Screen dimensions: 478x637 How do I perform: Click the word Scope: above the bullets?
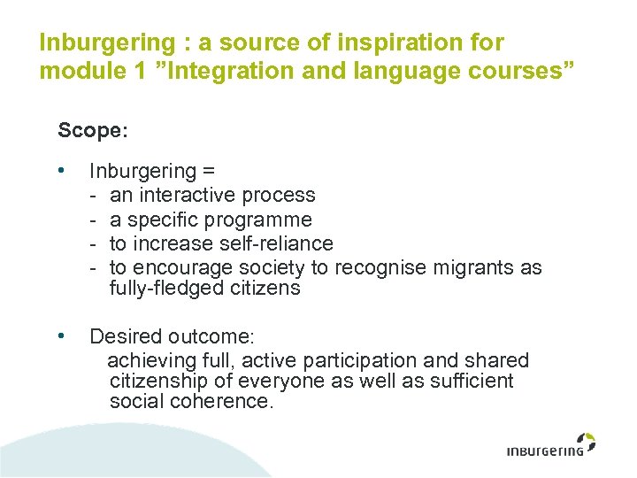click(x=93, y=131)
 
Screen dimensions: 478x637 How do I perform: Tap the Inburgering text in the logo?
click(x=545, y=451)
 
